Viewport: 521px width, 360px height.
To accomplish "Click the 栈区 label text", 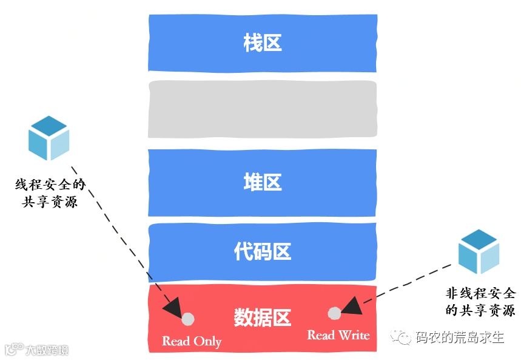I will (x=263, y=44).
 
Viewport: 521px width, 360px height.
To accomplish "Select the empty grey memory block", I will (x=263, y=109).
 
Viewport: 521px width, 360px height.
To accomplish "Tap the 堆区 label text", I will (x=263, y=182).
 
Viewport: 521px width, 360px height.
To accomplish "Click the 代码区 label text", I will (x=263, y=251).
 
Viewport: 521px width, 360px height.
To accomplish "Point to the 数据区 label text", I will (x=263, y=318).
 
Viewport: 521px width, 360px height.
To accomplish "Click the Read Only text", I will (x=192, y=341).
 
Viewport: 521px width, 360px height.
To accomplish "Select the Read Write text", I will (x=338, y=335).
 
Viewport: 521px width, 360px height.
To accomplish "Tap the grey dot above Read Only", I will (x=188, y=319).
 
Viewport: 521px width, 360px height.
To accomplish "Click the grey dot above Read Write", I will (x=334, y=313).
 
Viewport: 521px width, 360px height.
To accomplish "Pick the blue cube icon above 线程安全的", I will (x=49, y=138).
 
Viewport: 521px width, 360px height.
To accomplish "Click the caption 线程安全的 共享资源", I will (x=50, y=193).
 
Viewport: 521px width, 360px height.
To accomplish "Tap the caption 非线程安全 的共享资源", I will (x=480, y=301).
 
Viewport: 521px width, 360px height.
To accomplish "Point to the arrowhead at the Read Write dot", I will (x=351, y=305).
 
